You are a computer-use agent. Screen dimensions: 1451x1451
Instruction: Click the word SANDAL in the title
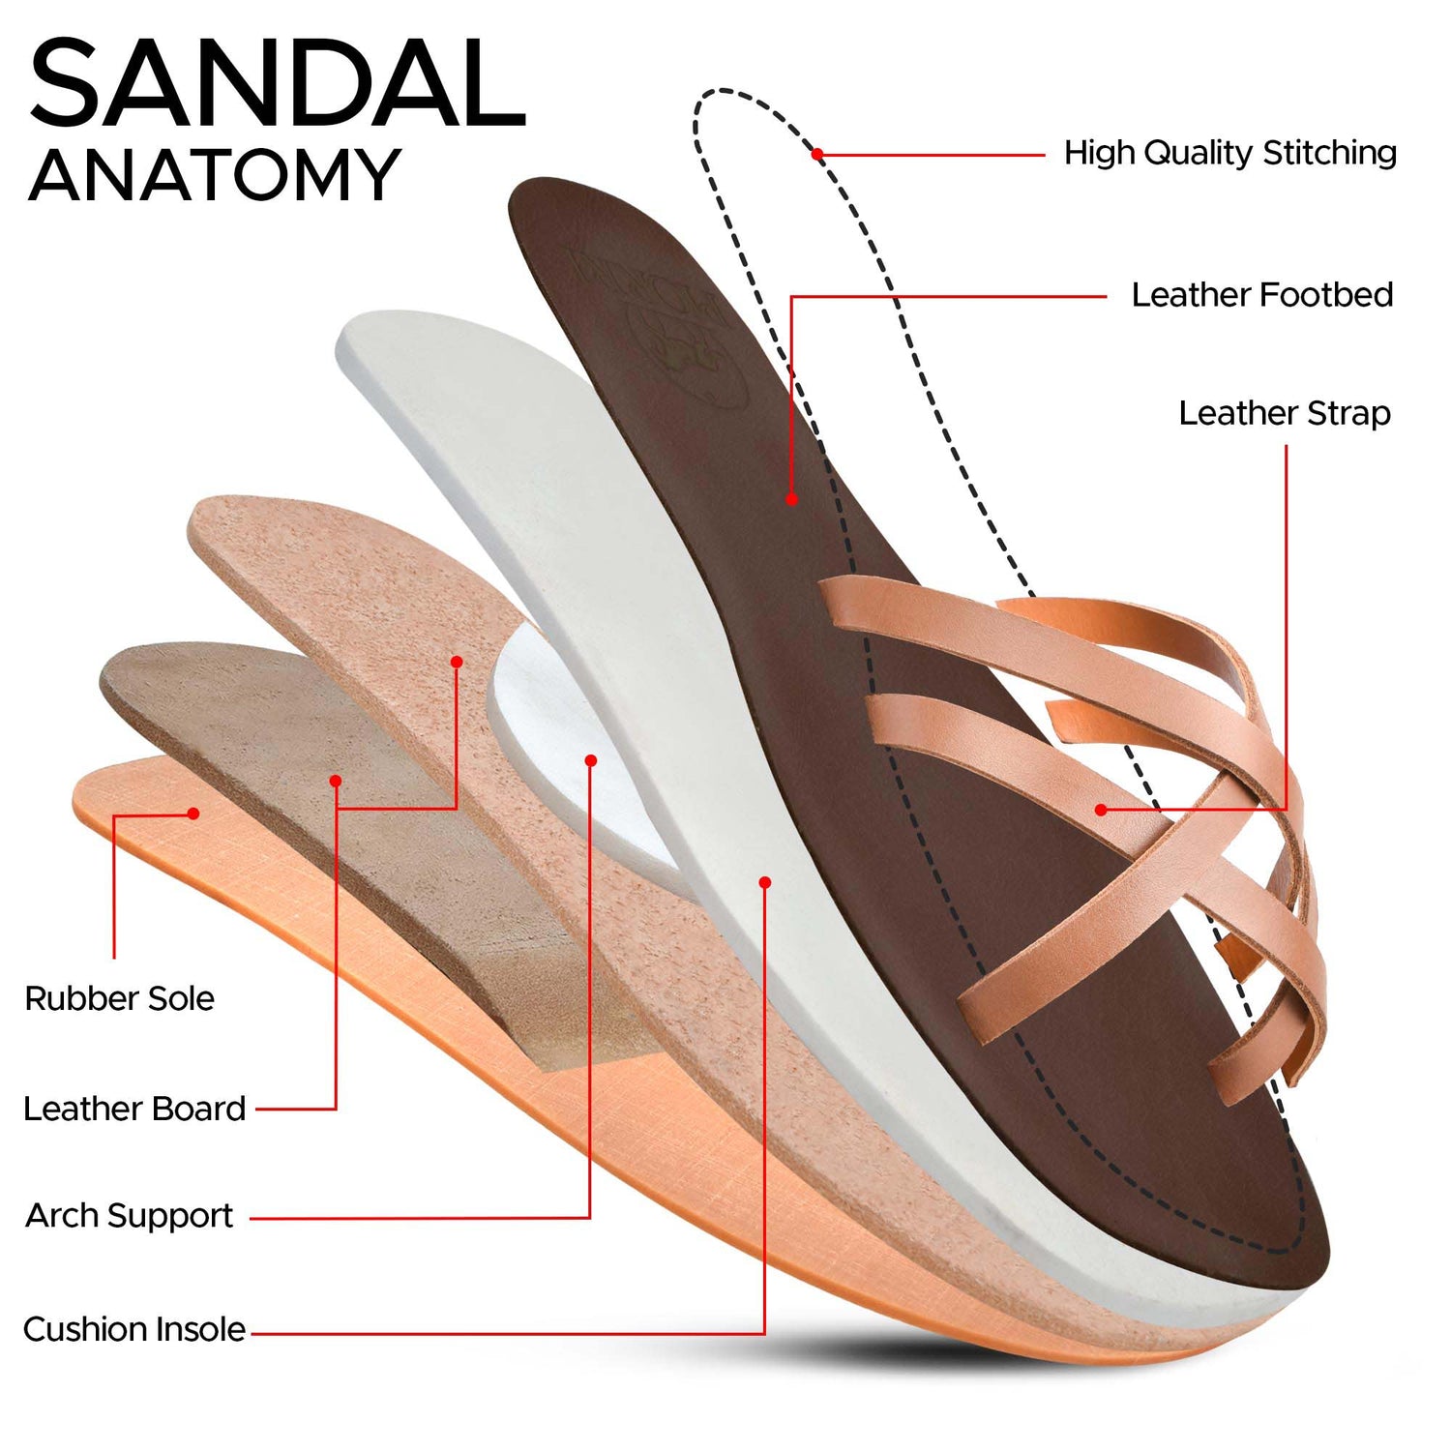pyautogui.click(x=278, y=83)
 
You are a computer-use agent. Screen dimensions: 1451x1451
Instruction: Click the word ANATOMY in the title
pyautogui.click(x=215, y=175)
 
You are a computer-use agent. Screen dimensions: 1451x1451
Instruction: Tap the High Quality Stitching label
pyautogui.click(x=1229, y=153)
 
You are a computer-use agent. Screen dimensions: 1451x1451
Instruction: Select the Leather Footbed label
pyautogui.click(x=1262, y=294)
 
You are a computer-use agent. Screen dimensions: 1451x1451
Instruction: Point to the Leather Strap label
pyautogui.click(x=1285, y=413)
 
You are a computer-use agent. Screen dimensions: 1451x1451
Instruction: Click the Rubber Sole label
pyautogui.click(x=119, y=998)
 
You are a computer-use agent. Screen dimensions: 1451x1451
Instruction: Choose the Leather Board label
pyautogui.click(x=134, y=1109)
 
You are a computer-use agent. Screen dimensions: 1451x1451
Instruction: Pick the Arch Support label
pyautogui.click(x=129, y=1216)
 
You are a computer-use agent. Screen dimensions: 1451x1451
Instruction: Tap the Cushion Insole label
pyautogui.click(x=134, y=1329)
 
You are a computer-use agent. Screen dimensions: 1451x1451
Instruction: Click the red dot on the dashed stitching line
pyautogui.click(x=817, y=154)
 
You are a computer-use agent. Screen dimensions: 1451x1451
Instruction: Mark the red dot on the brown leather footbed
pyautogui.click(x=791, y=499)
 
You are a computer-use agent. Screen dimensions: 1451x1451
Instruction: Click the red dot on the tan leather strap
pyautogui.click(x=1101, y=810)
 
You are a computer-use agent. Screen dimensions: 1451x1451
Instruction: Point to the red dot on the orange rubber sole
pyautogui.click(x=193, y=814)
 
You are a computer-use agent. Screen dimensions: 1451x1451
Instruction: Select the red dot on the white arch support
pyautogui.click(x=591, y=760)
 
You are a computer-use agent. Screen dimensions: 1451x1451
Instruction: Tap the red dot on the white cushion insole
pyautogui.click(x=765, y=882)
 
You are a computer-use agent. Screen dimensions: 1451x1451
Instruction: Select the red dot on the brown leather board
pyautogui.click(x=336, y=781)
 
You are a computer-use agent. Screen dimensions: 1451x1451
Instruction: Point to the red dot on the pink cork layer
pyautogui.click(x=457, y=662)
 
